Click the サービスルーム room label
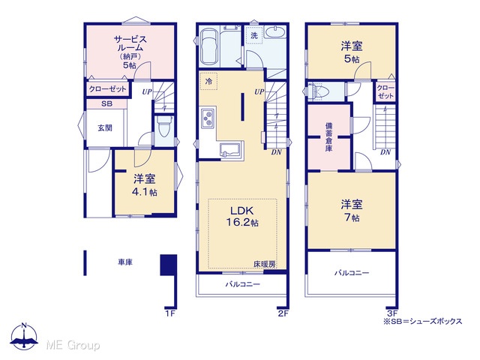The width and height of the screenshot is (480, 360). coord(130,52)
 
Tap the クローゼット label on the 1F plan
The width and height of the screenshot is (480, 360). coord(107,89)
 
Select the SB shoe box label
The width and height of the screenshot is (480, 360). coord(106,103)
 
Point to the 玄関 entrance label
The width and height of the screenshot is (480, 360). coord(105,127)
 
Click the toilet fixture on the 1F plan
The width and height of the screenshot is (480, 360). coord(164,127)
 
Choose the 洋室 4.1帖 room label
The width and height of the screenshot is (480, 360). coord(145,185)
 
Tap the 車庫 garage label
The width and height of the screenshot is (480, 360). coord(125,262)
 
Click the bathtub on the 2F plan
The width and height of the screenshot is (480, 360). coord(209,46)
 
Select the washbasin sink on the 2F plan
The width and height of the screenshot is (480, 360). coord(275,31)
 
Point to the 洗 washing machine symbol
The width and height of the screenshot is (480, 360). coord(254,35)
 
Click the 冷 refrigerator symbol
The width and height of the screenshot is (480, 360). coord(208,82)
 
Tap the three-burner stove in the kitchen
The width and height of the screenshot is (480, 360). coord(208,118)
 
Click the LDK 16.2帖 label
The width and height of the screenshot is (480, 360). coord(241,217)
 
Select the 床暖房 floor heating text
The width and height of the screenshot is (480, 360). coord(264,264)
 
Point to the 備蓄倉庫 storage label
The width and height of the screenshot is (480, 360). coord(329,136)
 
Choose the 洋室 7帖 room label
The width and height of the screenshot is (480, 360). coord(352,210)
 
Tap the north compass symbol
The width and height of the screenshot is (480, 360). coord(24,337)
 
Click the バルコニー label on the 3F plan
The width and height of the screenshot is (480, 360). coord(352,272)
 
